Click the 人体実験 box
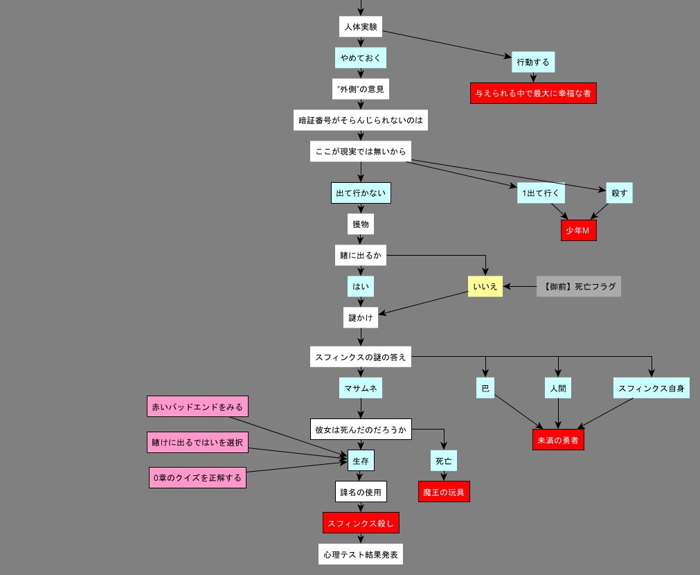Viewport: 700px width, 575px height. coord(361,27)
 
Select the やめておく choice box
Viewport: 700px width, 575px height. coord(361,57)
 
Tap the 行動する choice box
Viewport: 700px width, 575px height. coord(533,62)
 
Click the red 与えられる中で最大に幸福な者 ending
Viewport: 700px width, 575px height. coord(533,93)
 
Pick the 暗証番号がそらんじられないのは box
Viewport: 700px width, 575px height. coord(361,120)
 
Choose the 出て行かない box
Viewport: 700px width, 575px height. coord(361,193)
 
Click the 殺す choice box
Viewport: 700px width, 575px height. coord(619,193)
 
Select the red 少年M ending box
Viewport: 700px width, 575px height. coord(578,231)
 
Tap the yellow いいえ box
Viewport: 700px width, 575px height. coord(485,286)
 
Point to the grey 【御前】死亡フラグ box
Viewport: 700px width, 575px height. coord(579,286)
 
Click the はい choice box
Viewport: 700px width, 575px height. coord(361,286)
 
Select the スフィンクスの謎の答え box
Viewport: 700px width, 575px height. coord(361,357)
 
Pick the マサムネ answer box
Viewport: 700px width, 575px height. coord(361,388)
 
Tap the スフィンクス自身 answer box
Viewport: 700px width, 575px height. coord(651,388)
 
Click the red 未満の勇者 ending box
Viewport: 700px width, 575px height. coord(558,439)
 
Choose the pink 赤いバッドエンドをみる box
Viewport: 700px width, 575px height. coord(197,407)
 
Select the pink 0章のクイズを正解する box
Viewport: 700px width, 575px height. coord(197,477)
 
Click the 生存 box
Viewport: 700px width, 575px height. coord(361,460)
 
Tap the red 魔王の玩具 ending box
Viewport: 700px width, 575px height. coord(444,492)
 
